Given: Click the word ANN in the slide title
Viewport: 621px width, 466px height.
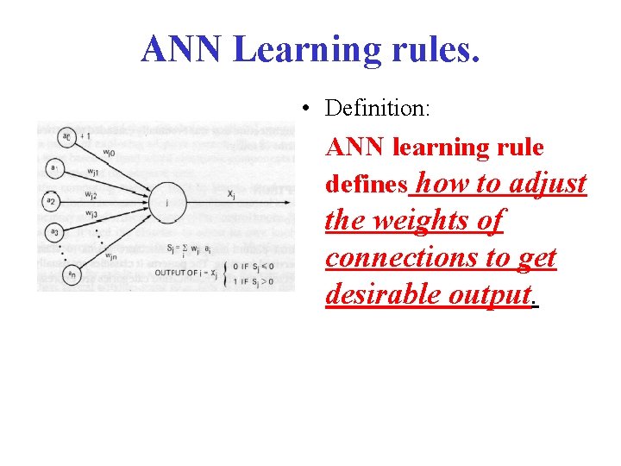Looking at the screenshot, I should coord(182,49).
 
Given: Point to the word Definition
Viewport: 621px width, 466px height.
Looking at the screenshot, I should coord(378,110).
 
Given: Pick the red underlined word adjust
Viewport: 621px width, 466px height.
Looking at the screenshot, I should coord(548,183).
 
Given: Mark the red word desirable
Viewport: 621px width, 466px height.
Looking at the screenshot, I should coord(383,295).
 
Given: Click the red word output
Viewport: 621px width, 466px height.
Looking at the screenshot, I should coord(488,295).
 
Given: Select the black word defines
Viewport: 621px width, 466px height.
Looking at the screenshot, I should coord(366,185).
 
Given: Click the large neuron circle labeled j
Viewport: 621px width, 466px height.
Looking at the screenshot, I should coord(165,201).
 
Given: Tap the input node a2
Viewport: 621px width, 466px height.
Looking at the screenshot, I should coord(52,201).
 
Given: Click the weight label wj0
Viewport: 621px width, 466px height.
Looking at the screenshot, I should coord(109,153).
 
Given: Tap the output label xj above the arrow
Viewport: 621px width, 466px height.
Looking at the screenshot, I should coord(232,194).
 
